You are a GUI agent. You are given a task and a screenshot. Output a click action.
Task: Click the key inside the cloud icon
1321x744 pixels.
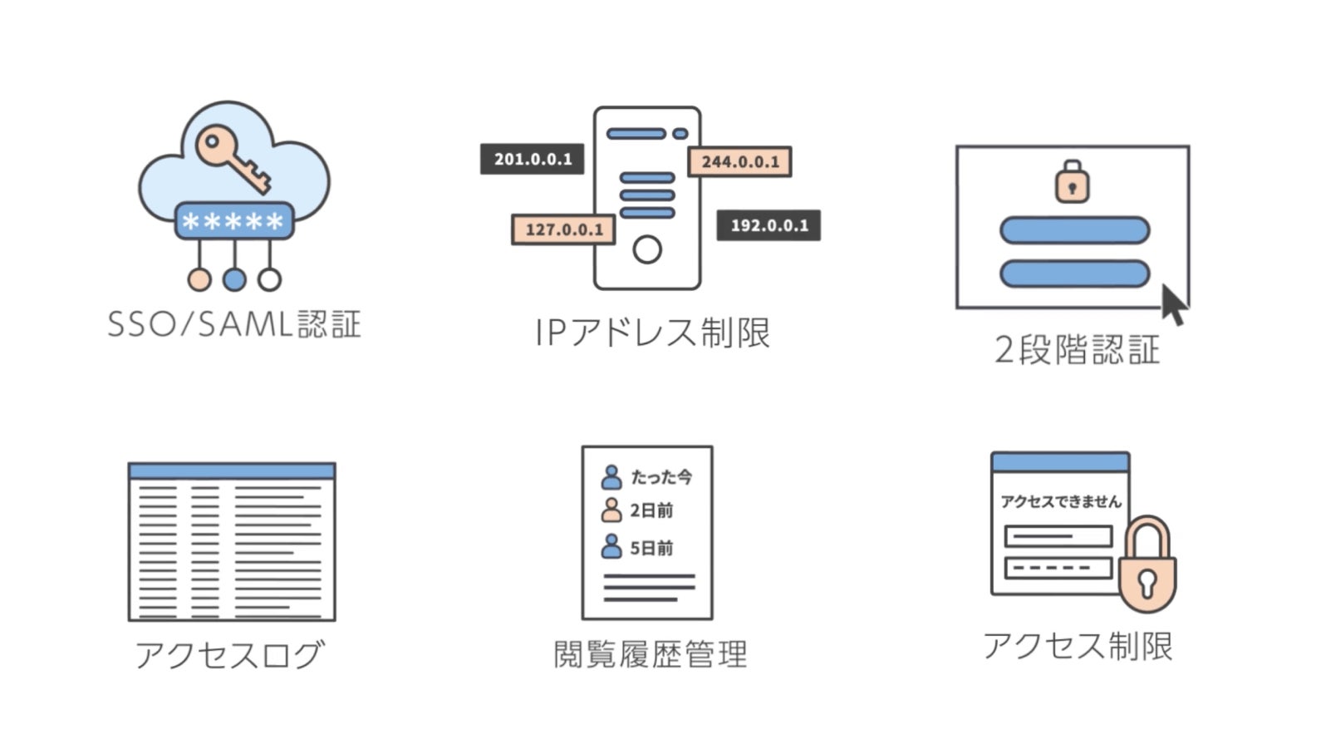232,157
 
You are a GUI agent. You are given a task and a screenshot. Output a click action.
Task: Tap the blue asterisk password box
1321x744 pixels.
233,221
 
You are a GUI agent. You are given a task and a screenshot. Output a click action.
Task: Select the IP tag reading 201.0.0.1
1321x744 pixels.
533,159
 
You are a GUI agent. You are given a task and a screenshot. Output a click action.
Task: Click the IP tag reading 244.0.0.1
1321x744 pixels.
739,161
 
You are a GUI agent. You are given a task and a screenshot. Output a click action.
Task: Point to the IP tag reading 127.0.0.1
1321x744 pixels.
563,229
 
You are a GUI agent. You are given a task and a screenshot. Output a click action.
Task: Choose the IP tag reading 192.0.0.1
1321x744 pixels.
769,225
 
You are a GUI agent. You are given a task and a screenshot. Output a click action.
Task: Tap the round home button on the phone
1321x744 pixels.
647,249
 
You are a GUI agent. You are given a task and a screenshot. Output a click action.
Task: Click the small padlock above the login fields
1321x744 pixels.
1072,182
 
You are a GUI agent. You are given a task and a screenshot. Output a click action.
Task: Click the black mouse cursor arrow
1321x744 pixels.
1173,305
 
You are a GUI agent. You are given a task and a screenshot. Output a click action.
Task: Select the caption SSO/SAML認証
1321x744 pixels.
234,324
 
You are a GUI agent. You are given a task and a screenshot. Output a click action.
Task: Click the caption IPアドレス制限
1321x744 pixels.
652,333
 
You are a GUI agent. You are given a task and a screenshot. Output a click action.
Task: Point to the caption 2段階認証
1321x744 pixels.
1077,350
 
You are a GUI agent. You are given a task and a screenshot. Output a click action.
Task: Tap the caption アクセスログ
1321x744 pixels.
229,655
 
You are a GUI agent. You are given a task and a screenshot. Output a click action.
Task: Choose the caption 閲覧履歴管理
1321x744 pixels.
650,654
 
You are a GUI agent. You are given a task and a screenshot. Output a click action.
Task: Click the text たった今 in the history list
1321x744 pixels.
661,477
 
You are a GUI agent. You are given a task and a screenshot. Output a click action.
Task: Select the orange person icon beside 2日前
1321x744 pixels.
611,510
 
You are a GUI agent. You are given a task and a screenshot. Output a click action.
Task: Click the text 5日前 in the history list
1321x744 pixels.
651,548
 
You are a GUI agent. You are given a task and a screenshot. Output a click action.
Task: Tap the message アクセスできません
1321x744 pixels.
1061,501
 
